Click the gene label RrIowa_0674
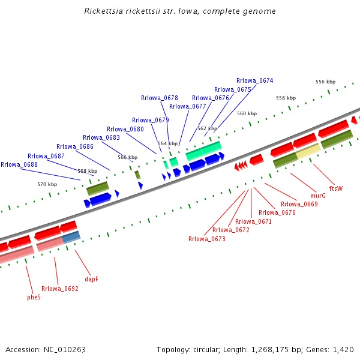point(254,80)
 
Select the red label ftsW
point(336,188)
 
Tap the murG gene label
point(318,196)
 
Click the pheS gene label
point(34,297)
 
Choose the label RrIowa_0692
point(60,289)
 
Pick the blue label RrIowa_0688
point(19,164)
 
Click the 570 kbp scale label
point(47,184)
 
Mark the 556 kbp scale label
point(325,82)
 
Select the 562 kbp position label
point(207,128)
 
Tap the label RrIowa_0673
point(207,239)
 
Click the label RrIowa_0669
point(299,204)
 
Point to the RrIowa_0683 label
point(101,137)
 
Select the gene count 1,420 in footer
point(343,349)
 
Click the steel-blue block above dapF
point(71,237)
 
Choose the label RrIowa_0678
point(160,98)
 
